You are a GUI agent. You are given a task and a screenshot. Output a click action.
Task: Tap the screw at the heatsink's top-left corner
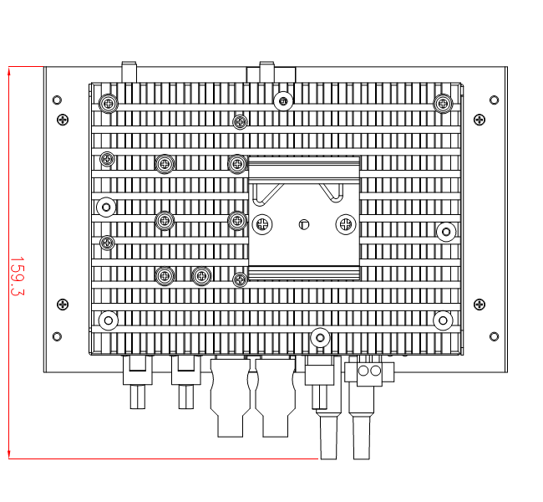(x=107, y=104)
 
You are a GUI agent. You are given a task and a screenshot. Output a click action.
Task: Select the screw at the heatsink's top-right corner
(x=442, y=103)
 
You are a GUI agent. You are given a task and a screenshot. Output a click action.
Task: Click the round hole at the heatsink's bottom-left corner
(x=107, y=320)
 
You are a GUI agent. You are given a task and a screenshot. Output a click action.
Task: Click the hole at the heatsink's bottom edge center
(x=319, y=338)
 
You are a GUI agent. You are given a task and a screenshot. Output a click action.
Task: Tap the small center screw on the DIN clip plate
(x=303, y=223)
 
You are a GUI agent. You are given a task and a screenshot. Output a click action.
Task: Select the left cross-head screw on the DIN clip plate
(x=263, y=223)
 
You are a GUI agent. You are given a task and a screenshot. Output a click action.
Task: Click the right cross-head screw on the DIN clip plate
(x=344, y=223)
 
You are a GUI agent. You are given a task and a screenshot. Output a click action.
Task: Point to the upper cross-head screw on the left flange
(x=63, y=120)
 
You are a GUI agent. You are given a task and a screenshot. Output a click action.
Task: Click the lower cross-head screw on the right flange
(x=479, y=305)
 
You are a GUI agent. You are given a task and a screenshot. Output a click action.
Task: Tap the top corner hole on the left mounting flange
(x=57, y=100)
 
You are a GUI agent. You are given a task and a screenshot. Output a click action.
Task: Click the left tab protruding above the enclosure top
(x=129, y=72)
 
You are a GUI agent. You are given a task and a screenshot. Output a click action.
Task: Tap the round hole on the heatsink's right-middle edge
(x=445, y=231)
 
